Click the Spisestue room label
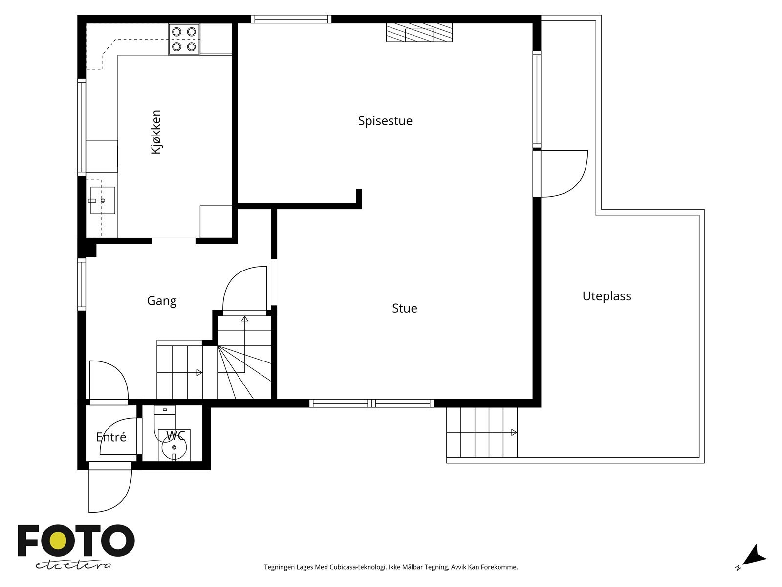(x=385, y=121)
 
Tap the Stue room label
(x=404, y=308)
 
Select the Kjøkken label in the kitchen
(x=156, y=132)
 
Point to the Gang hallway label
(x=162, y=301)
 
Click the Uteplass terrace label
(x=607, y=296)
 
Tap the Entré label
(x=111, y=437)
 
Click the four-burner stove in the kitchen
(x=184, y=39)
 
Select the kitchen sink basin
(x=103, y=200)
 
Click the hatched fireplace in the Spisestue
(x=419, y=32)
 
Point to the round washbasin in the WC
(x=174, y=448)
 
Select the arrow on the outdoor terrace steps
(x=514, y=433)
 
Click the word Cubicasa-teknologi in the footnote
(x=358, y=567)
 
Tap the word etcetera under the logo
(x=73, y=565)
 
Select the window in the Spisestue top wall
(x=291, y=19)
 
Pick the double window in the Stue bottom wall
(x=371, y=404)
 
